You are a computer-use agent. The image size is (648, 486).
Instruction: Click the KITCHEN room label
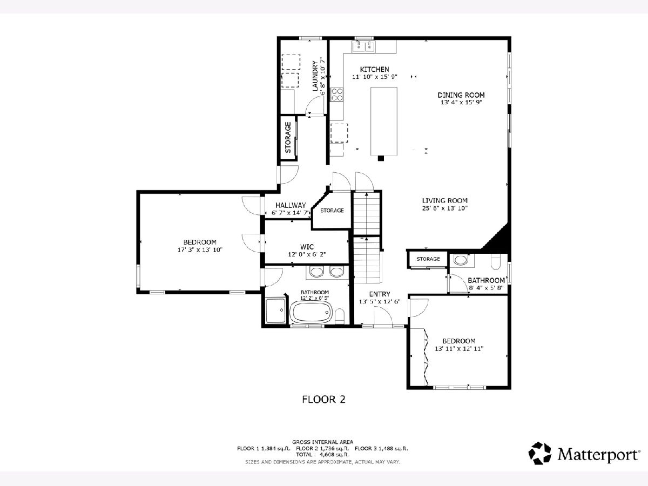374,69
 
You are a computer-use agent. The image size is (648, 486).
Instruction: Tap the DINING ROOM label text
461,95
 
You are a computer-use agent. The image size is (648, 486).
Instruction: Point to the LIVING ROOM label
444,201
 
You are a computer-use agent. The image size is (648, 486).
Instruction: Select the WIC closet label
307,247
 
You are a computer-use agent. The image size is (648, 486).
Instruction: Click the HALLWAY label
291,205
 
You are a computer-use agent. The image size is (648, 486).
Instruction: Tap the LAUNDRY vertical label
315,76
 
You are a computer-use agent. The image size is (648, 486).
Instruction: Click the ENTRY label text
380,294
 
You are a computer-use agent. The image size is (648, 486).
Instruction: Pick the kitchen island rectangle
384,122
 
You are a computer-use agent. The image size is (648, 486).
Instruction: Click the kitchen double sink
363,46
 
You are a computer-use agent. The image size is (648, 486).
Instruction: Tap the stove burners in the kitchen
336,94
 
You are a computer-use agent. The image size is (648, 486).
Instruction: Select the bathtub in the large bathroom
311,312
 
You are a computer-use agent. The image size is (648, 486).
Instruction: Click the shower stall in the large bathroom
275,310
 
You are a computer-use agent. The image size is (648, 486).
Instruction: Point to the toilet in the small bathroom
496,262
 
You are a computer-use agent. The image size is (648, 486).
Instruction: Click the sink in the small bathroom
461,260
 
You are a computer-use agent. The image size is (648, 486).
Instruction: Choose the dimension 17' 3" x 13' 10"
200,250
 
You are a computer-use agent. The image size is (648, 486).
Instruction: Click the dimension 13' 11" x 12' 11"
459,349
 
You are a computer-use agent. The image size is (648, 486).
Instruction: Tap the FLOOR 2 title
323,400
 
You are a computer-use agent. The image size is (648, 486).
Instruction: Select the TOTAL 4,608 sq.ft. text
322,455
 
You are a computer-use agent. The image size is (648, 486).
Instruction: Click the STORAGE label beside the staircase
332,211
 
